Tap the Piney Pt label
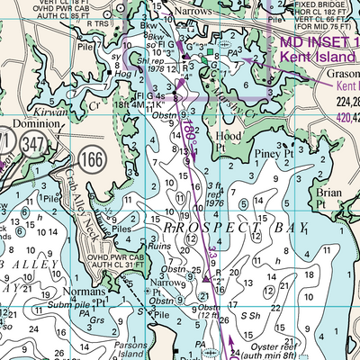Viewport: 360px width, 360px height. coord(276,154)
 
